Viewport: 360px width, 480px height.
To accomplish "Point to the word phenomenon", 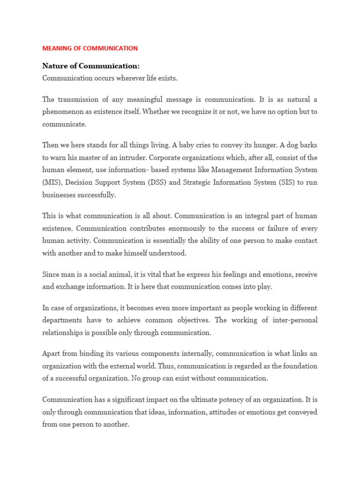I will [63, 112].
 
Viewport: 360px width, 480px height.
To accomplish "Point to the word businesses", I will [60, 195].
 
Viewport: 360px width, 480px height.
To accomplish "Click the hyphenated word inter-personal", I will [292, 320].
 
